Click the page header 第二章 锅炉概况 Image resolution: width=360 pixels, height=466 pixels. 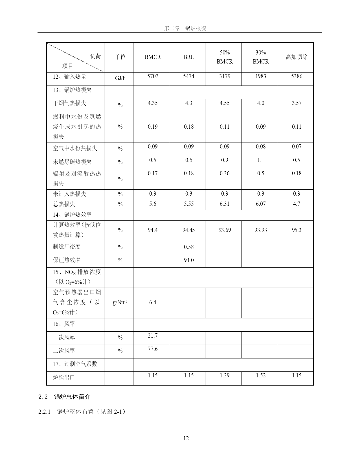[185, 29]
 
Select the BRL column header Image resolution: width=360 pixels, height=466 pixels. [188, 57]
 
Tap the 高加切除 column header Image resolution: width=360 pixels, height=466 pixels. [297, 57]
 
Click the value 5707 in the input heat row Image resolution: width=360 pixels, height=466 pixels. [153, 76]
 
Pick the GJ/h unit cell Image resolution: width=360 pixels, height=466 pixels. [120, 78]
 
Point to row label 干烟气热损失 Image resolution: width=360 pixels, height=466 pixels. [70, 103]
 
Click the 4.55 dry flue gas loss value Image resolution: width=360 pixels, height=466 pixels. [225, 103]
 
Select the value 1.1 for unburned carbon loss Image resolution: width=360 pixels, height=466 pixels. [261, 160]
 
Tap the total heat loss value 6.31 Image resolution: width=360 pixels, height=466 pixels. [225, 204]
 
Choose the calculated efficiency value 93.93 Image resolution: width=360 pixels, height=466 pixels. [261, 230]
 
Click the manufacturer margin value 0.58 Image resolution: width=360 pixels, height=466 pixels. [189, 247]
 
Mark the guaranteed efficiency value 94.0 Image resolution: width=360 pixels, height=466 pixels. [189, 260]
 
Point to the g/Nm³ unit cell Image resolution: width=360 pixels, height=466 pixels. [120, 302]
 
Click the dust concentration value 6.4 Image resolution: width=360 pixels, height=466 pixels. [153, 302]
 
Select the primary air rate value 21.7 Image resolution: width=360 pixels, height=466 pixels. [153, 336]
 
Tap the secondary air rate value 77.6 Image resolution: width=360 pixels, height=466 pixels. [153, 349]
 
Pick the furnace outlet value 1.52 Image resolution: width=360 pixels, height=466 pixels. [261, 375]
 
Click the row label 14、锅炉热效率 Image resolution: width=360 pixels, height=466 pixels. [72, 215]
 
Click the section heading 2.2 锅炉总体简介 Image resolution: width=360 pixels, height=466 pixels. [65, 397]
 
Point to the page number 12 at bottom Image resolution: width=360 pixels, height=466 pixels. [186, 438]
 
